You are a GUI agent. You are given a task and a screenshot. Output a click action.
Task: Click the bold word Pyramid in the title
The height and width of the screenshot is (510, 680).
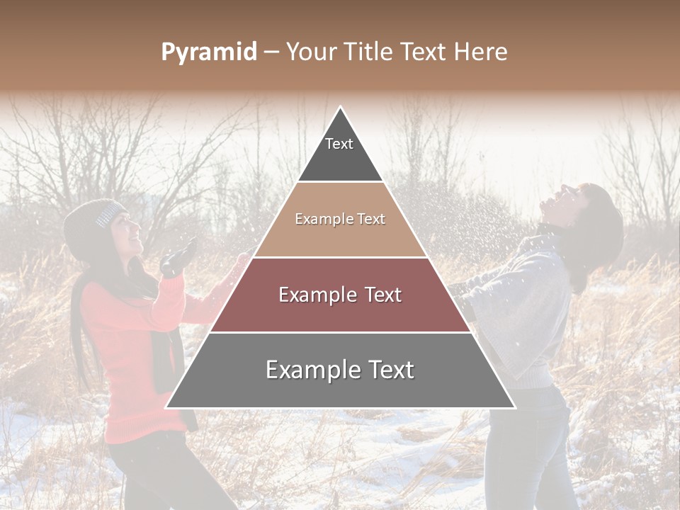click(209, 52)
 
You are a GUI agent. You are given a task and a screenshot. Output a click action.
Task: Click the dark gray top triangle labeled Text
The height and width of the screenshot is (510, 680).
click(340, 152)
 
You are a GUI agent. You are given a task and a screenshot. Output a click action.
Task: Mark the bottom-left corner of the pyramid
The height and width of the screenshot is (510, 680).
click(166, 407)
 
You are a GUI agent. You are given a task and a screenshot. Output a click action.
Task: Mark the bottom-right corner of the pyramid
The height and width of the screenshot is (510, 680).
click(514, 407)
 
